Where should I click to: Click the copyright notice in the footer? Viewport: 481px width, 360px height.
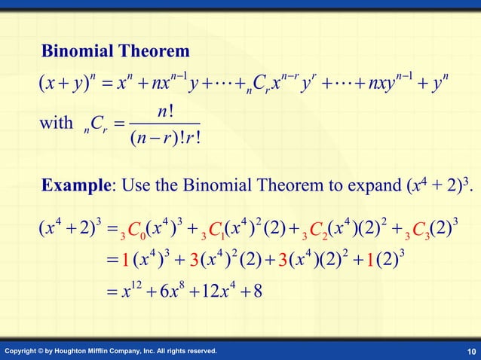click(x=111, y=351)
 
